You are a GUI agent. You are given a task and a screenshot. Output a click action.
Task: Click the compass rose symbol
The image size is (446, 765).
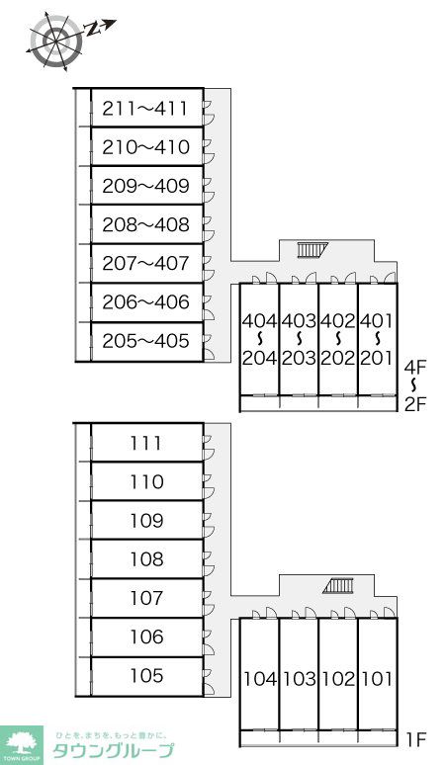click(x=56, y=39)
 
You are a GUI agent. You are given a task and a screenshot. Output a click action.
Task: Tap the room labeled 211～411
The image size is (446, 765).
click(x=145, y=109)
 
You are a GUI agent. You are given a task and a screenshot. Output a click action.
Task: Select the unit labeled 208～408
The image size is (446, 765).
click(x=145, y=224)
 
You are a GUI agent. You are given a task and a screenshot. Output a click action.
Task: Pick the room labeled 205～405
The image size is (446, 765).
click(x=145, y=341)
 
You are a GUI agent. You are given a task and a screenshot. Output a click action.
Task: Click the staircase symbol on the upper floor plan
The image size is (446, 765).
click(x=312, y=250)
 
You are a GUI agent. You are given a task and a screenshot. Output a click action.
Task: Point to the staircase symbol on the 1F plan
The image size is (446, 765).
click(x=338, y=585)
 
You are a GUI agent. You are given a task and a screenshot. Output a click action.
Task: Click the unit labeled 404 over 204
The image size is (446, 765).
click(x=259, y=339)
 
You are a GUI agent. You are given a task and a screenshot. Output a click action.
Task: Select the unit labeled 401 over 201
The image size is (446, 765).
click(x=377, y=339)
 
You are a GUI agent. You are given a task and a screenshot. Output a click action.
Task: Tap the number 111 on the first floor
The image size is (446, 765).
click(x=146, y=443)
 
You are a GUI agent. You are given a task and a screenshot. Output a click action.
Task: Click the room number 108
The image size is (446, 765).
click(x=146, y=559)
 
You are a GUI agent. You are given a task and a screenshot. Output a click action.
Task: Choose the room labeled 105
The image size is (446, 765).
click(x=146, y=676)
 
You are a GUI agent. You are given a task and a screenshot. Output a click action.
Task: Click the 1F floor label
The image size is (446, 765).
click(x=415, y=740)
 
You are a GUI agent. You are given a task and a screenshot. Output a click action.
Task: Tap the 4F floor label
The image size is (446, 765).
click(x=415, y=367)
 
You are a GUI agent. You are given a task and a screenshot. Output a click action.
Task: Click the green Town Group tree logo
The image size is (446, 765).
click(x=22, y=745)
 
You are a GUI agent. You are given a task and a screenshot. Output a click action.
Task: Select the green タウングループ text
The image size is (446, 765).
click(x=113, y=751)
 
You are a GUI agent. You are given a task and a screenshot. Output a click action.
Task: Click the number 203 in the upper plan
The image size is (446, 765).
click(x=299, y=358)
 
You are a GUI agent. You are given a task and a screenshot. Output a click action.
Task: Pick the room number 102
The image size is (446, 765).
click(x=337, y=679)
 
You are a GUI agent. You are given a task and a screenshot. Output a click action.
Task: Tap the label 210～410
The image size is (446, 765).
click(x=145, y=147)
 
